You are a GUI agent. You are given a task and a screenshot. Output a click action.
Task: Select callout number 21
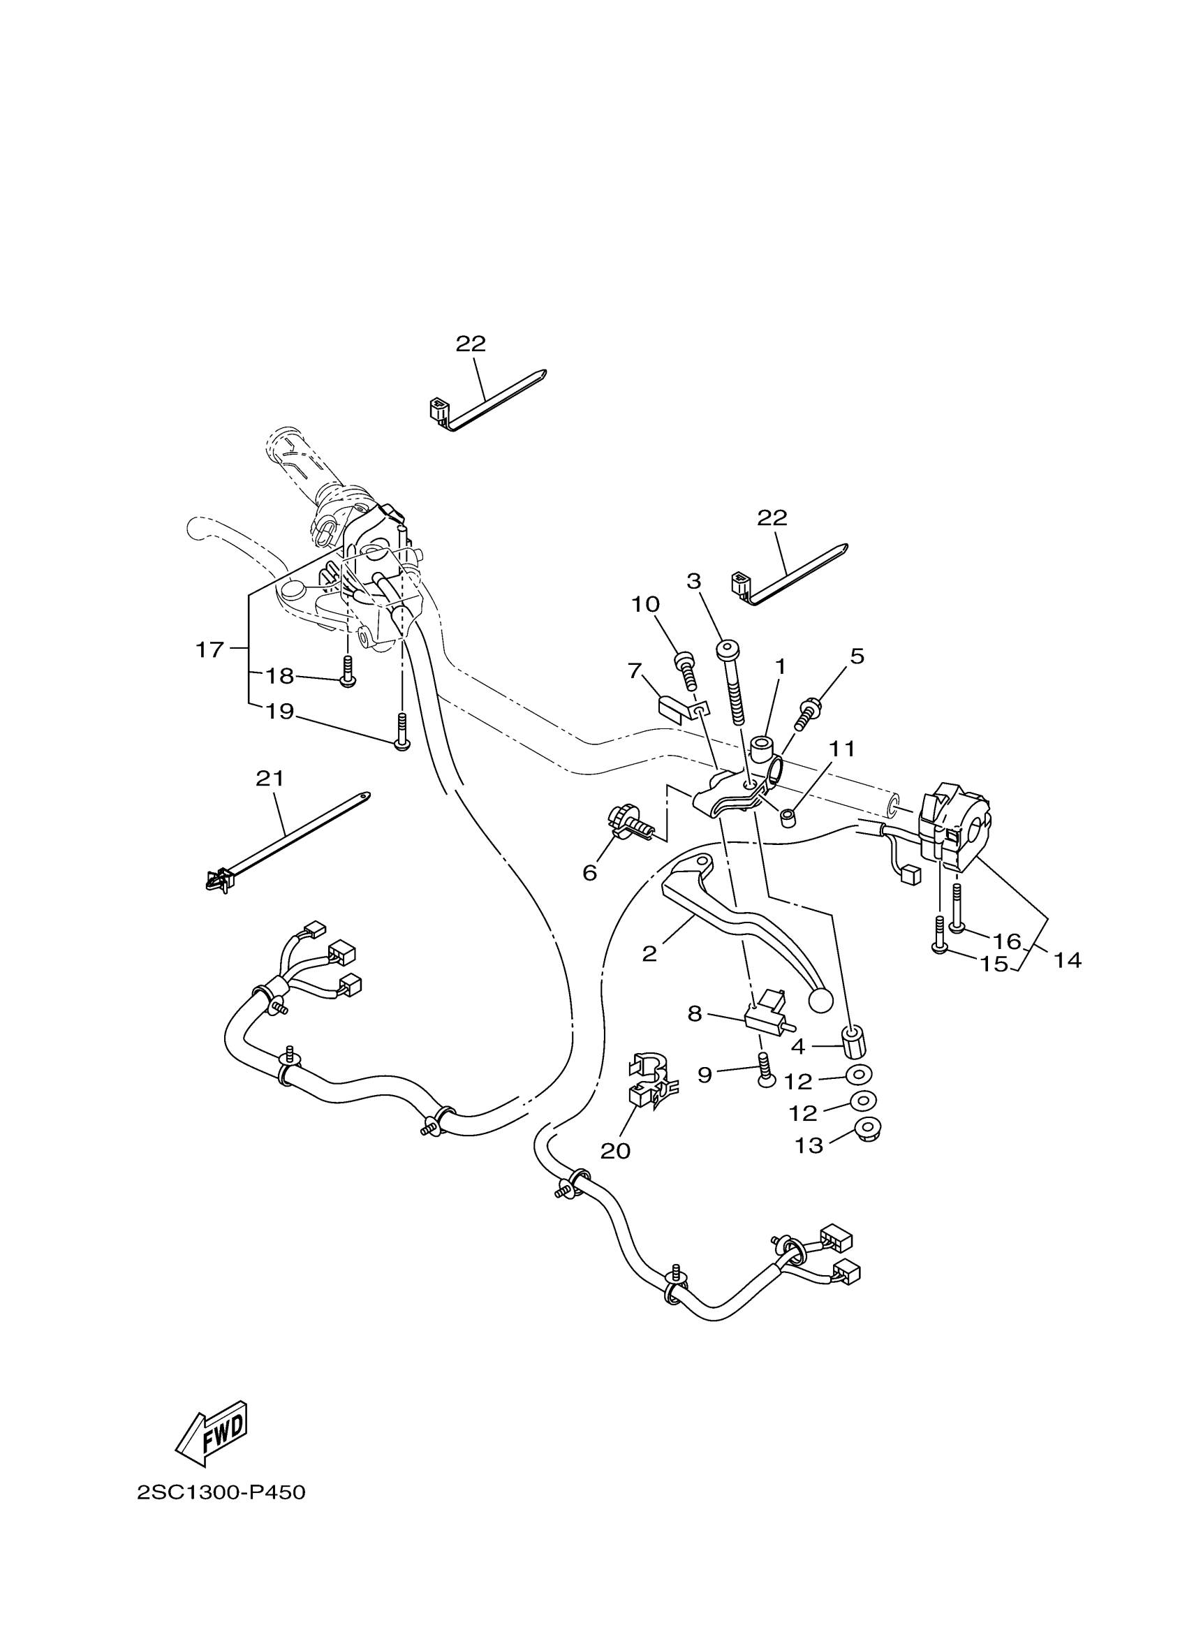tap(270, 779)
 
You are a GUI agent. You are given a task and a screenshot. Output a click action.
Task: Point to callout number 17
tap(209, 649)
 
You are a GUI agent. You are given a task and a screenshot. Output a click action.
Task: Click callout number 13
tap(809, 1146)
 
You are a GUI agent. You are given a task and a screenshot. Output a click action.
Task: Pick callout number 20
tap(616, 1150)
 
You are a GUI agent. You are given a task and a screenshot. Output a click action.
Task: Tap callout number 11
tap(841, 749)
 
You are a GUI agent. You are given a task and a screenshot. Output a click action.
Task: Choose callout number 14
tap(1068, 960)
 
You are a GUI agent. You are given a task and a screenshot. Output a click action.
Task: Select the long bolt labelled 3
tap(732, 683)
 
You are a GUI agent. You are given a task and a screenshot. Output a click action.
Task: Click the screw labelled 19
tap(401, 731)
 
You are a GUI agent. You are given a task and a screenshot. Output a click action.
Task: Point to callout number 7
tap(635, 670)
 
